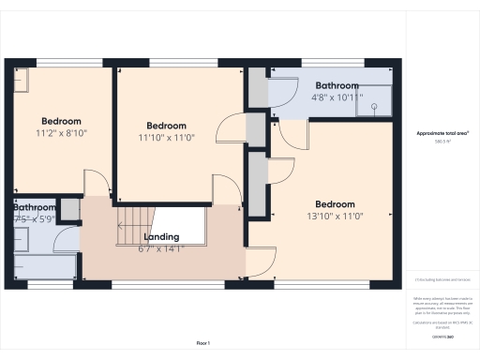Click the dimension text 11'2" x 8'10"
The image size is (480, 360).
61,133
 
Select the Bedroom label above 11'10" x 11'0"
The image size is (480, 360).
167,126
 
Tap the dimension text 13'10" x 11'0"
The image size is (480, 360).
335,217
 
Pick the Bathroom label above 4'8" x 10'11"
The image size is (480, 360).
337,85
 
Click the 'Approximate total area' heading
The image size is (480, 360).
442,134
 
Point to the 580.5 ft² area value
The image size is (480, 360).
442,142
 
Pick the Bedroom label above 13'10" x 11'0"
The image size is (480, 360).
335,204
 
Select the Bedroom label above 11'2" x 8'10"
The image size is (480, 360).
61,121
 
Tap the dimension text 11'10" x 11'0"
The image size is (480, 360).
167,138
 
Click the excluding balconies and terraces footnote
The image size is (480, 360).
442,280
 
